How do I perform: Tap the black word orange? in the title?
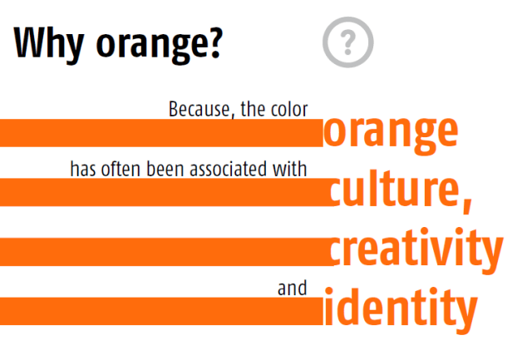coord(158,43)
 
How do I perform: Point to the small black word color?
coord(290,110)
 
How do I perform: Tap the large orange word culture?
coord(397,190)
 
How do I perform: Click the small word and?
coord(292,288)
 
